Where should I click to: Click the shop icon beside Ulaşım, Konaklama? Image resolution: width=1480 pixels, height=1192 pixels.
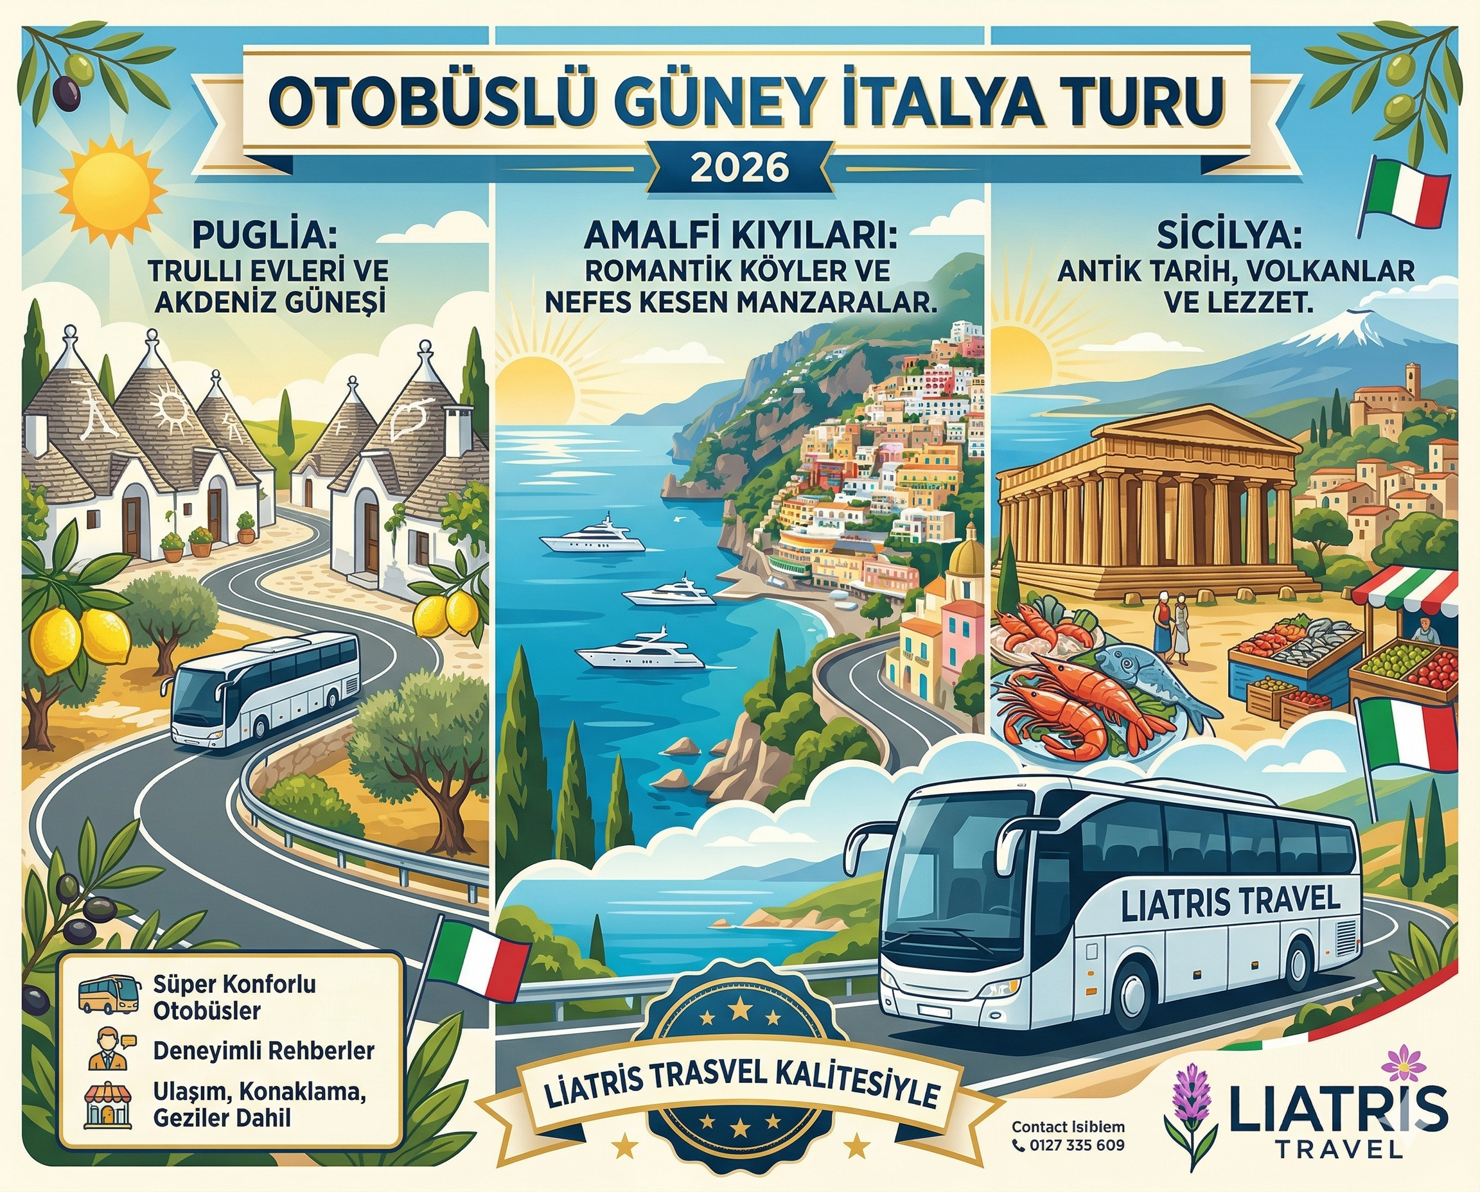(x=107, y=1106)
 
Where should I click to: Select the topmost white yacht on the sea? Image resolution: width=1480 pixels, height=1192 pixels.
(x=593, y=536)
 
